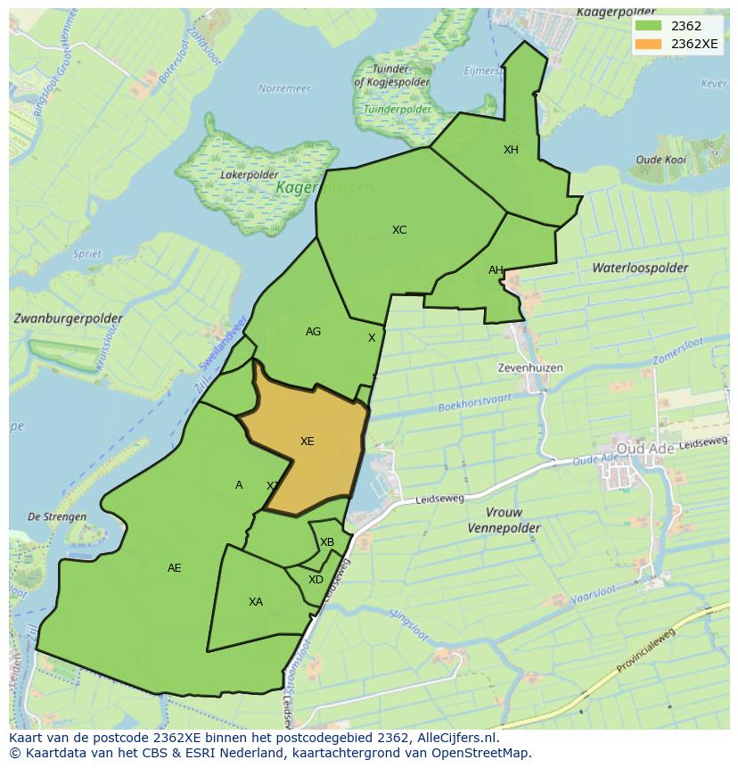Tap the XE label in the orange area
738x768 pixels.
pos(307,442)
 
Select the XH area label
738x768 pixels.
pos(511,150)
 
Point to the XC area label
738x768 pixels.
pos(399,230)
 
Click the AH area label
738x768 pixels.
pos(496,270)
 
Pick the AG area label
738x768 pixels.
pos(313,332)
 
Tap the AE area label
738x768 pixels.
pos(175,568)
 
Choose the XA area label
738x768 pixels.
pos(256,602)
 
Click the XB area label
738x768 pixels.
pos(327,542)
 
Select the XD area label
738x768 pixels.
pos(316,580)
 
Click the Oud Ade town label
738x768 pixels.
pos(645,448)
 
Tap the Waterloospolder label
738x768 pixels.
pos(640,268)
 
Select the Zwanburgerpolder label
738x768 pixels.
pos(68,318)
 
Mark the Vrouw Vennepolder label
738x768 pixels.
pos(504,520)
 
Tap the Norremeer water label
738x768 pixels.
pos(284,88)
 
